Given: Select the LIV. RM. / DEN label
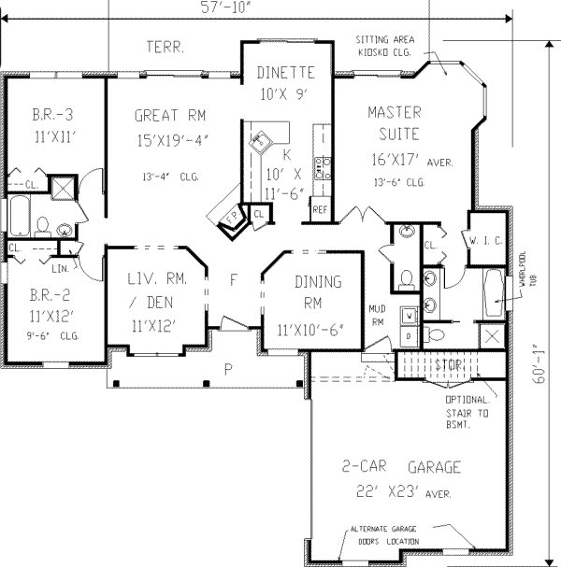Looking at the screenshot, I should [151, 291].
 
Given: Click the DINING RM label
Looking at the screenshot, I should [306, 292].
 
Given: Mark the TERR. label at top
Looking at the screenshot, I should [165, 46].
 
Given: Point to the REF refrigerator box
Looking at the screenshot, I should [320, 209].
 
